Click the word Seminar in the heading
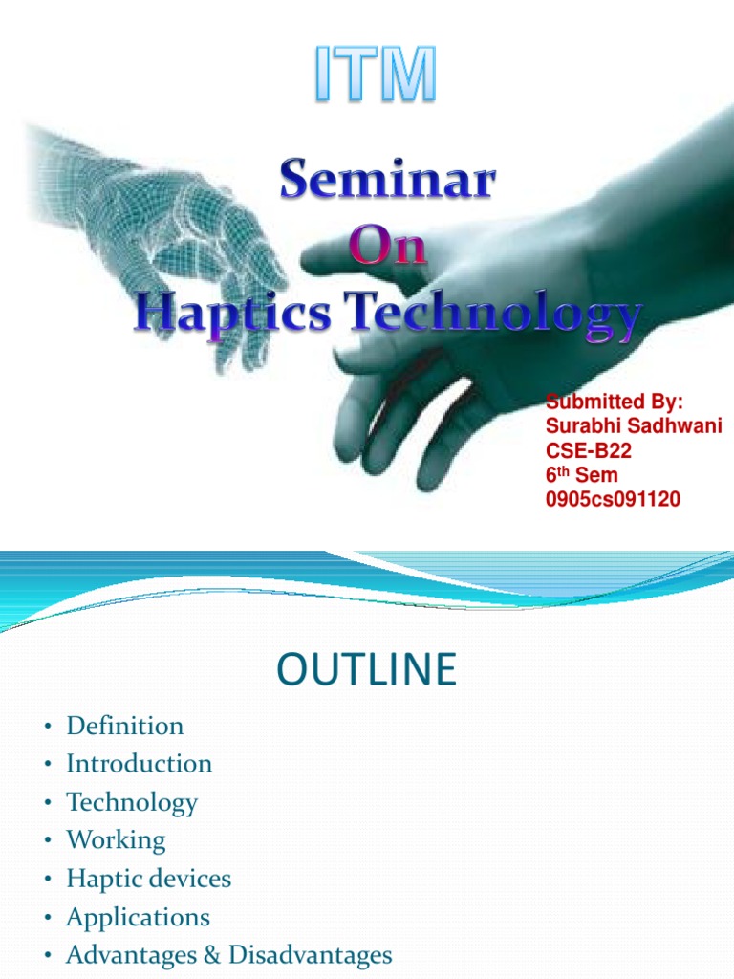(x=388, y=184)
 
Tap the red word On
(x=387, y=250)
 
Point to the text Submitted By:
(x=614, y=402)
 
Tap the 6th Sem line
(x=581, y=475)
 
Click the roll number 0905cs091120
(x=612, y=499)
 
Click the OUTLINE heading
(x=366, y=670)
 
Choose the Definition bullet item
(x=124, y=726)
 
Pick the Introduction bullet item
(x=139, y=764)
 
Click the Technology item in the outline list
(x=131, y=802)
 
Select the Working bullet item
(x=116, y=840)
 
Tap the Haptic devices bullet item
(x=148, y=879)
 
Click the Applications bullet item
(x=138, y=917)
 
